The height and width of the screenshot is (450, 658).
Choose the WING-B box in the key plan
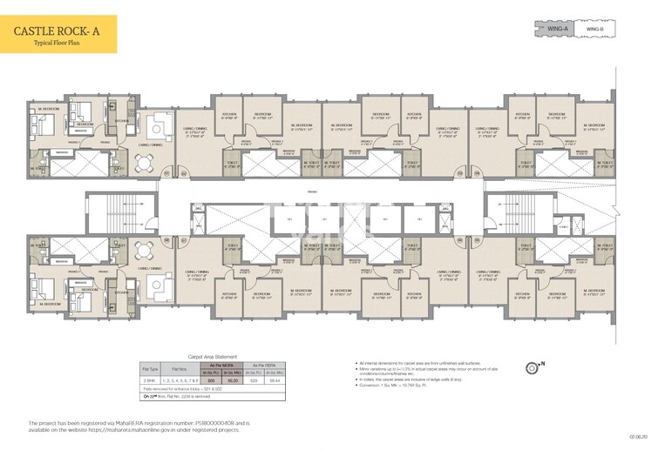tap(594, 30)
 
